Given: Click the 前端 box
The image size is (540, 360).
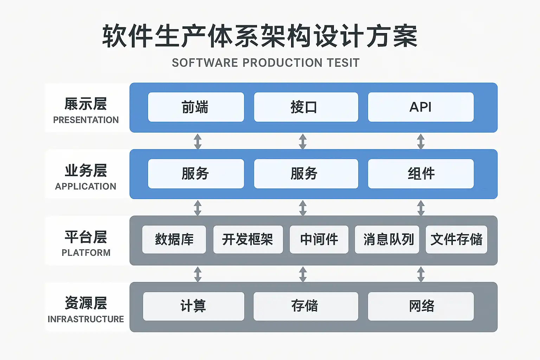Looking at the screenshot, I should tap(196, 107).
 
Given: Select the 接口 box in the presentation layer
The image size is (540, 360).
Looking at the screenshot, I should tap(306, 107).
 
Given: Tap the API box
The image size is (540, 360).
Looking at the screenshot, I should tap(420, 107).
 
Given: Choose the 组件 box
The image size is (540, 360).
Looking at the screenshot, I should tap(420, 174).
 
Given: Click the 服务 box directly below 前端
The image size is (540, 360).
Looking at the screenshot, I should tap(196, 174).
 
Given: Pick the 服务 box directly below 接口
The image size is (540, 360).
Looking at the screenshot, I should tap(306, 174).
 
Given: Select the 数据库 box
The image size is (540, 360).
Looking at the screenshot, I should tap(174, 239).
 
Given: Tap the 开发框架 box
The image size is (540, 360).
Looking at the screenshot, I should tap(248, 239).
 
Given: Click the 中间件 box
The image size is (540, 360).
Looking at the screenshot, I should tap(319, 239).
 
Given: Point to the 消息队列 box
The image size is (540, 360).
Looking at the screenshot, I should tap(387, 239).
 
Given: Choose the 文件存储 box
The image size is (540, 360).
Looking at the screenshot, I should tap(456, 239).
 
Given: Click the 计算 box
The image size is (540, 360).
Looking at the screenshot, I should tap(193, 306).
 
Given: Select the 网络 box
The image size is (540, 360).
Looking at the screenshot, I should tap(420, 306).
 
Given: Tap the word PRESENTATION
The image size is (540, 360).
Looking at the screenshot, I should tap(86, 120).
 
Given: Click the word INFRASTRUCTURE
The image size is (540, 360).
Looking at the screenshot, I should tap(86, 319).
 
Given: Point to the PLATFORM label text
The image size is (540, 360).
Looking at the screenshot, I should tap(86, 253).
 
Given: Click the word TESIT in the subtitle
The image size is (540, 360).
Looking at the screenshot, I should tap(343, 63).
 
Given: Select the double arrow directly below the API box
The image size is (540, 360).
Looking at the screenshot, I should tap(420, 141).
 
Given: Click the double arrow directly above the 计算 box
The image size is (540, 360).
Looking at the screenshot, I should tap(198, 274).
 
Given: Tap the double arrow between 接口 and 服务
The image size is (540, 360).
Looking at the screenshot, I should tap(303, 141).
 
